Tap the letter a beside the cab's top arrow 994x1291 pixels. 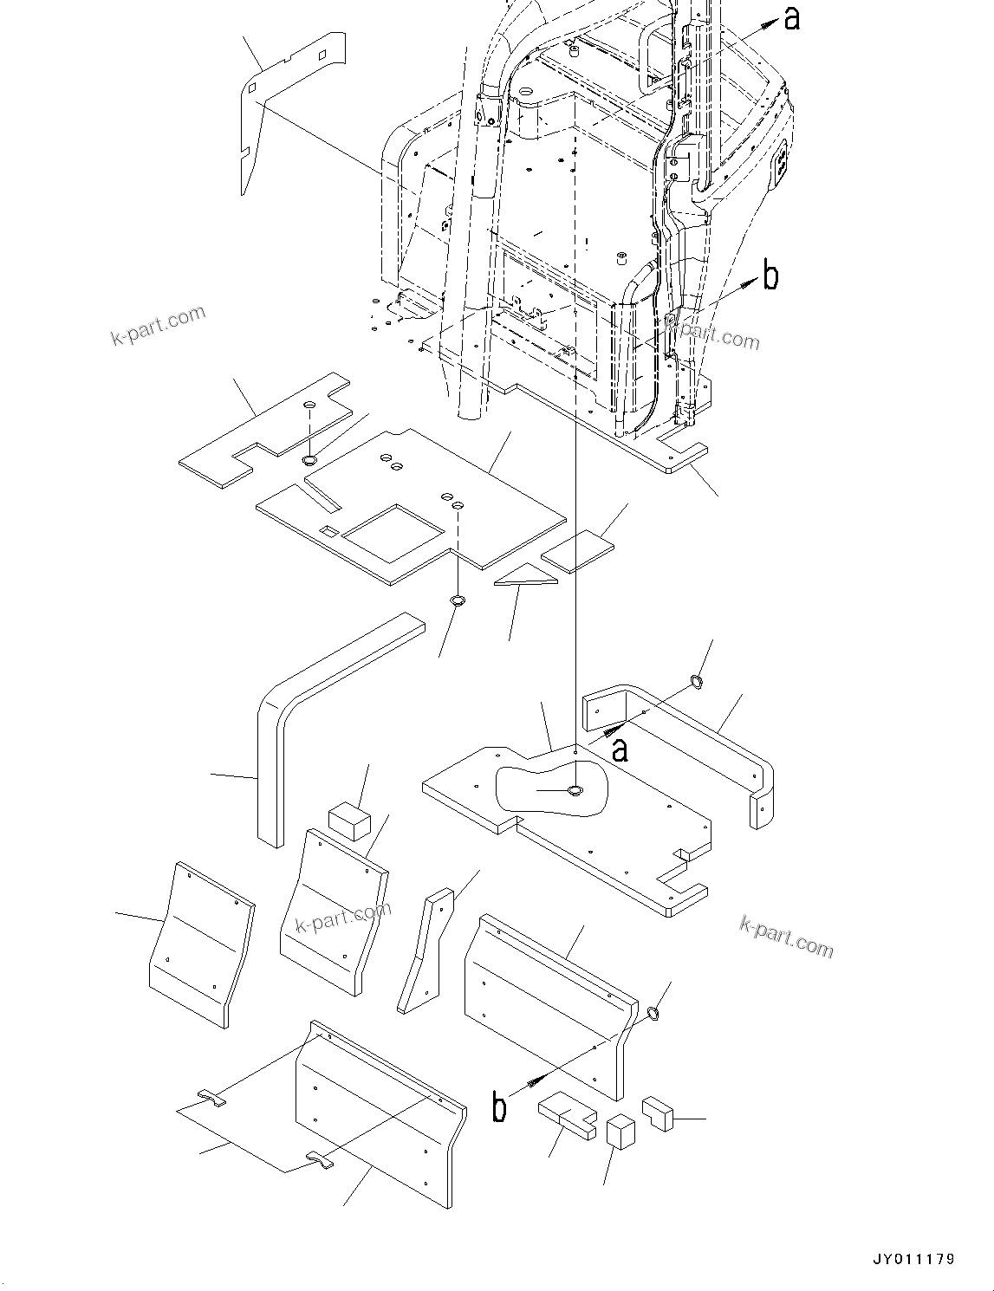click(x=791, y=18)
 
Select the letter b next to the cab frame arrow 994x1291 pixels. click(x=770, y=276)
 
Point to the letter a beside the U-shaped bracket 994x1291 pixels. click(x=619, y=749)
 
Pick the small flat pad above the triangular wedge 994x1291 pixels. click(x=578, y=551)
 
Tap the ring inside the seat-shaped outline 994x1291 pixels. click(x=575, y=790)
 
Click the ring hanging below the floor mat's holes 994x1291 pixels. click(x=458, y=600)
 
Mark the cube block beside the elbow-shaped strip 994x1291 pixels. click(x=349, y=819)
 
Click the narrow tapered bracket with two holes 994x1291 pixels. click(x=425, y=953)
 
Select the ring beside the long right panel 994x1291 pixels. click(x=654, y=1012)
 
